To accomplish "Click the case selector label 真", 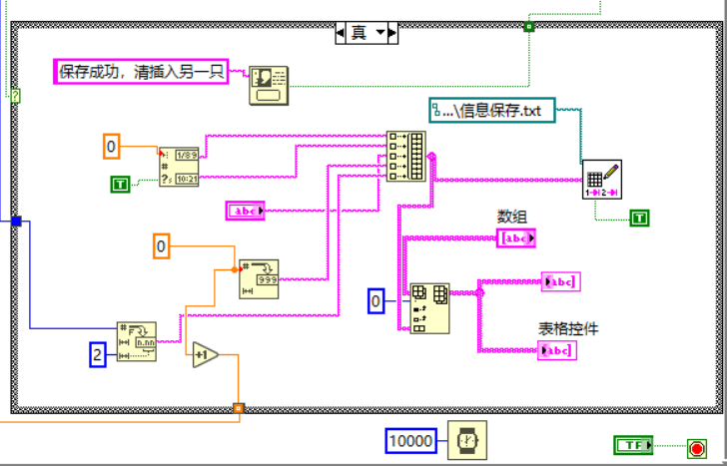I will (359, 32).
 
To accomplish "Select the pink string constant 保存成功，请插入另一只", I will (140, 71).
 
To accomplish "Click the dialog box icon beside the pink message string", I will (268, 84).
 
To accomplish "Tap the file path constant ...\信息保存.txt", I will (492, 110).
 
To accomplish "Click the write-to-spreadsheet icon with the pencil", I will (603, 180).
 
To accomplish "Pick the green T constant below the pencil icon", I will (639, 217).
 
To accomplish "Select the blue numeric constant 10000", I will (412, 440).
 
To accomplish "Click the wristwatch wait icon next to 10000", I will (465, 440).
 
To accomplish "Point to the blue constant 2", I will (97, 353).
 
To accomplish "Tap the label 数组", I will (511, 216).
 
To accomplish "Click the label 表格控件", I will (568, 328).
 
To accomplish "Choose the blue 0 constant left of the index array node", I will (375, 300).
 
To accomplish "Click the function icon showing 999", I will (259, 278).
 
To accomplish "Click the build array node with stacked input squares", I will (404, 157).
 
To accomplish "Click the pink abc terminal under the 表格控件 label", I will (556, 349).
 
